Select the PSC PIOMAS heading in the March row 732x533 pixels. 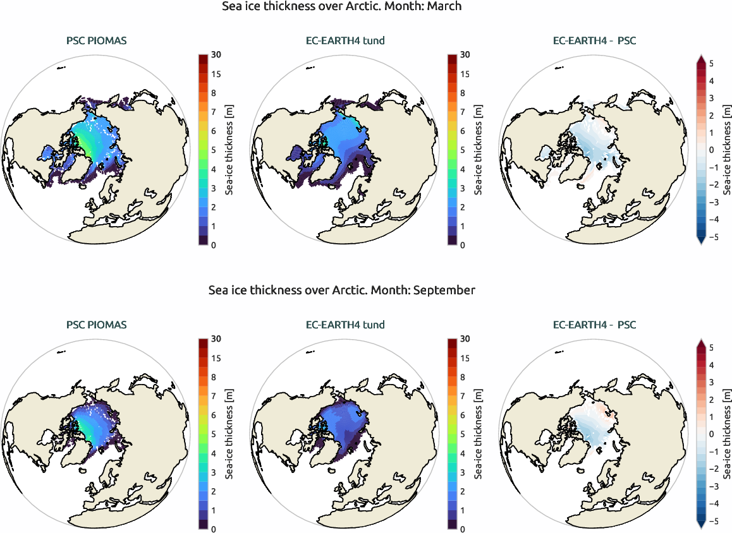tap(96, 42)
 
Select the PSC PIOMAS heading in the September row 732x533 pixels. tap(96, 325)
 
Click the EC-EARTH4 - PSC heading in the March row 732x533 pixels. tap(594, 42)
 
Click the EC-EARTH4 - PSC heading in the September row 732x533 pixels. tap(594, 325)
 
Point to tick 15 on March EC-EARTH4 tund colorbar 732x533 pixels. tap(465, 74)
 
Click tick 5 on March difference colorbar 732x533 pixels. tap(712, 64)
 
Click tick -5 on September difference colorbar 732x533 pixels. tap(712, 521)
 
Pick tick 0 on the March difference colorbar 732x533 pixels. tap(712, 150)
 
